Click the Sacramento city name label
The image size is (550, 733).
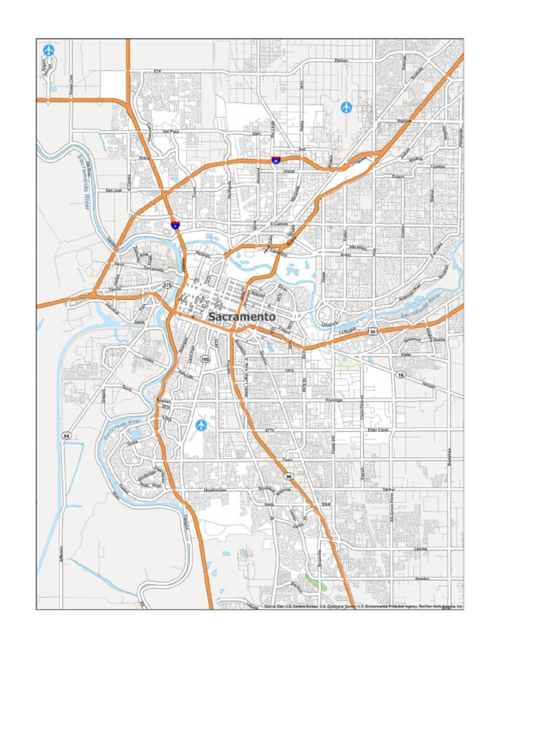[x=241, y=316]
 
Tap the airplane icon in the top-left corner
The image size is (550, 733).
[x=49, y=50]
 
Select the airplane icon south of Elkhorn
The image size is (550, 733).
[x=347, y=107]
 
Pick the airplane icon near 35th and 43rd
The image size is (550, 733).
[x=201, y=425]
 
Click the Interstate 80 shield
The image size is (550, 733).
[x=276, y=161]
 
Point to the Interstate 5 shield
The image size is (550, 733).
[x=175, y=225]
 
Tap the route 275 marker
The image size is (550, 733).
[x=168, y=285]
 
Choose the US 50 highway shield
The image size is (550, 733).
[x=373, y=331]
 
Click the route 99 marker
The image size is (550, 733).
[x=289, y=476]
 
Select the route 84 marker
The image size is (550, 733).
[x=66, y=435]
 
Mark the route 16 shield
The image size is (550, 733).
[x=400, y=375]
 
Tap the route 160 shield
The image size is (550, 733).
[x=206, y=359]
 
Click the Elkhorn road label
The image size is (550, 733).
[x=341, y=61]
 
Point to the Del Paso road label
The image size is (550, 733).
[x=170, y=132]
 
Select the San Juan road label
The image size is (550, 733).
[x=115, y=190]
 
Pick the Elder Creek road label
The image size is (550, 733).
[x=377, y=429]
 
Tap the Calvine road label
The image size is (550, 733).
[x=420, y=549]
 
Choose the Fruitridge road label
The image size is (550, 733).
[x=334, y=400]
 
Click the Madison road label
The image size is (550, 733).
[x=404, y=122]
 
